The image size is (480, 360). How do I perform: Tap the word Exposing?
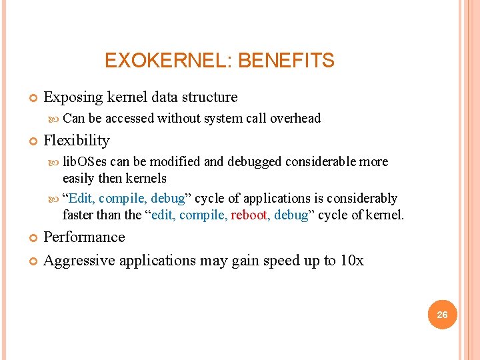point(71,97)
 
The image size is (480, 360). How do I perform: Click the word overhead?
point(295,119)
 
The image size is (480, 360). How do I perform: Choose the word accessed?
point(129,119)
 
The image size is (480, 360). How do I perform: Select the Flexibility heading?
point(76,141)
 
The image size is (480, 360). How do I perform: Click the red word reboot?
point(249,215)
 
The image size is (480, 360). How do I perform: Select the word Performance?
point(84,237)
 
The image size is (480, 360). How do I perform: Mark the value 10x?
point(351,261)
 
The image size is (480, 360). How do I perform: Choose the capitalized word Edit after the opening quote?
point(81,199)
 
